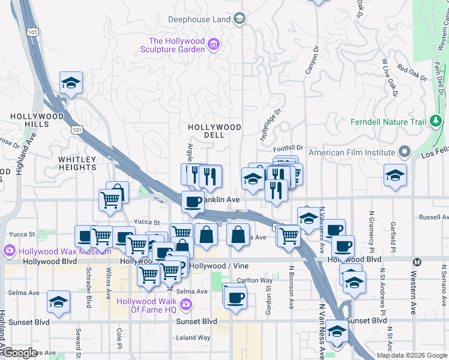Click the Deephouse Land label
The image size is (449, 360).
coord(199,19)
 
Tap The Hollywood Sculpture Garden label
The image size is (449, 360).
coord(177,46)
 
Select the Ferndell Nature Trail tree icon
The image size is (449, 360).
coord(436,122)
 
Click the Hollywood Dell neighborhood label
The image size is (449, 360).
coord(214,131)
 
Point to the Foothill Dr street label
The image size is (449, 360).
coord(289,148)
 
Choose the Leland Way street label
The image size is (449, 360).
coord(193,338)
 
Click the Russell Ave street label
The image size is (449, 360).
coord(433,217)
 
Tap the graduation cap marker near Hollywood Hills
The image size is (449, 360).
coord(71,83)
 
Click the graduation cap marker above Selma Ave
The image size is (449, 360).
coord(58,302)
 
